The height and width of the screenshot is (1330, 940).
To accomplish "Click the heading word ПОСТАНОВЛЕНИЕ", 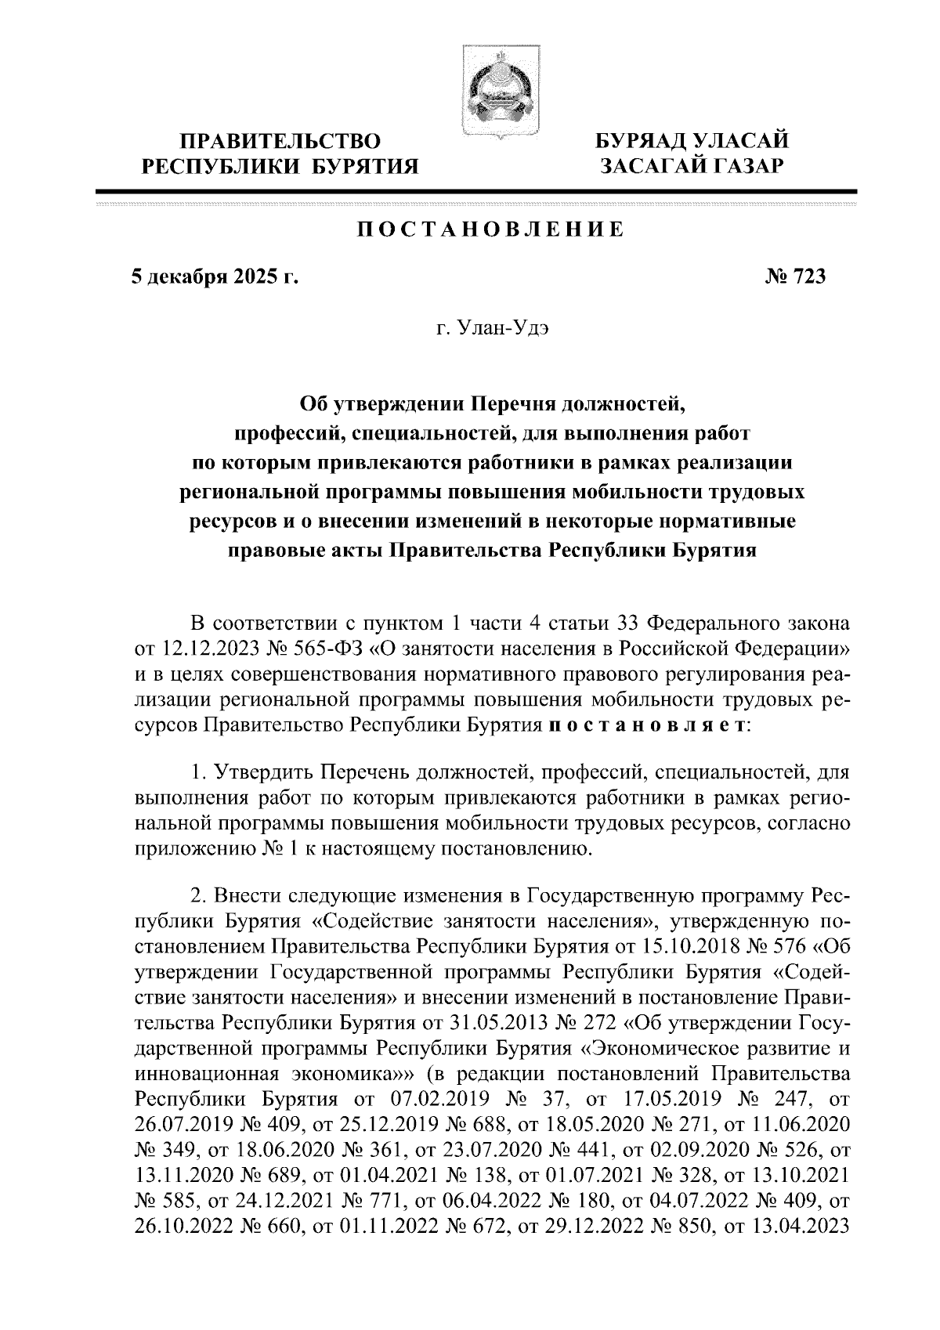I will pyautogui.click(x=490, y=229).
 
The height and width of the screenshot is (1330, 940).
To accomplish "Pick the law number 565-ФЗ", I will pyautogui.click(x=318, y=649).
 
